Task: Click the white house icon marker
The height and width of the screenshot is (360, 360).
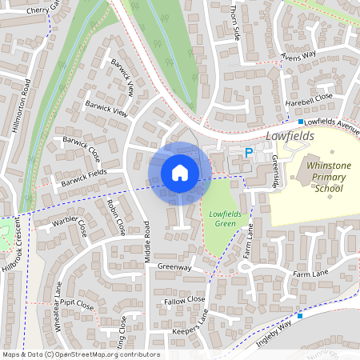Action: point(180,173)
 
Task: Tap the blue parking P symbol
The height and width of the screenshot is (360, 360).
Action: point(249,152)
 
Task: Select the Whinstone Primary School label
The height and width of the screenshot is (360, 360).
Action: point(318,177)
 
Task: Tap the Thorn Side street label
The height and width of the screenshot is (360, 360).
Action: point(235,22)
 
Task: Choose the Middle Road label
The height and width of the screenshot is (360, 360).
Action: point(147,242)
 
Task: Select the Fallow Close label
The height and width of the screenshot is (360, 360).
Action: point(185,300)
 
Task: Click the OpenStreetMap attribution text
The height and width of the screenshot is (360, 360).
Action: point(81,354)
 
